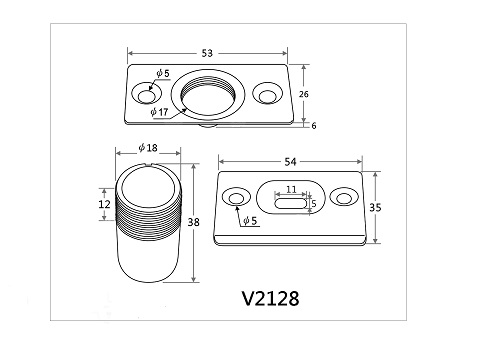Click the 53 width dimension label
coord(207,53)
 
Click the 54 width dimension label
coord(290,162)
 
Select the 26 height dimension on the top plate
coord(304,94)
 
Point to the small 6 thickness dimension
coord(314,126)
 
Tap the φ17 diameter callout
coord(159,112)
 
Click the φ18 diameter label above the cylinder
coord(148,148)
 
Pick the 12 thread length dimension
coord(104,204)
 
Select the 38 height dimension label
coord(193,222)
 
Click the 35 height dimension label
coord(375,207)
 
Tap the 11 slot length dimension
coord(291,189)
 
